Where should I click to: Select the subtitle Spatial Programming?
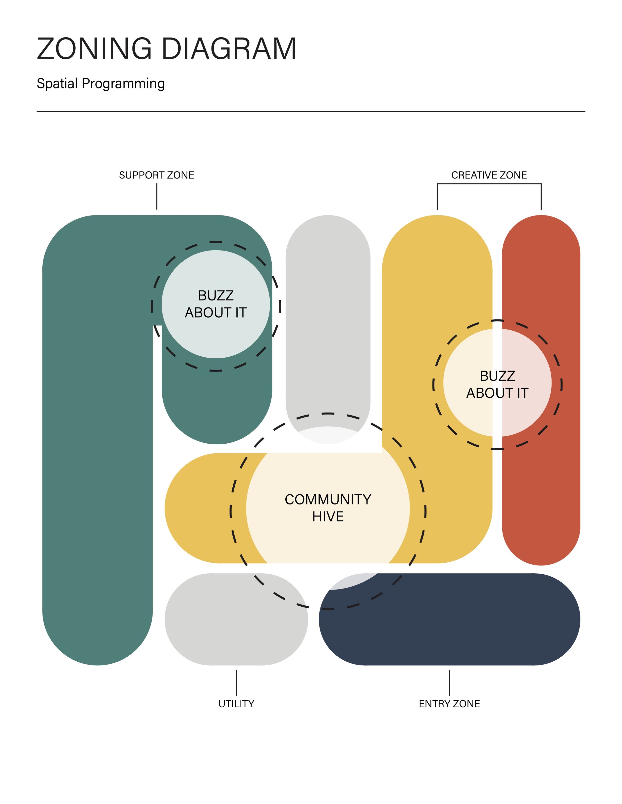(101, 84)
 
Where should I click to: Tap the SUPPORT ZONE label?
(156, 175)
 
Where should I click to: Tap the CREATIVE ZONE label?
(489, 175)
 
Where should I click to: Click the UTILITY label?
(236, 704)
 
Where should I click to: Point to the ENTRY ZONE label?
(449, 704)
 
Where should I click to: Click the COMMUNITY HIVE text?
(328, 508)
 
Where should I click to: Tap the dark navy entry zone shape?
(461, 626)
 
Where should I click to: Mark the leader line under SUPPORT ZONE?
(156, 197)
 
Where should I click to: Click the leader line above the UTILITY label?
(236, 683)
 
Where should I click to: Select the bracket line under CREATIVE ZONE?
(489, 184)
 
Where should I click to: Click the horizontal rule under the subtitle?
(311, 112)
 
